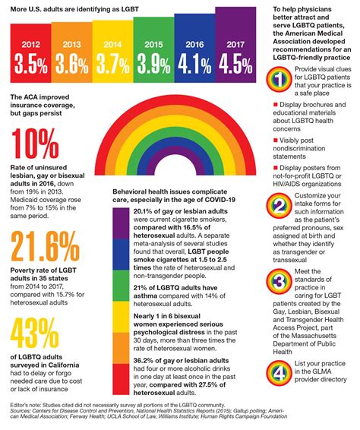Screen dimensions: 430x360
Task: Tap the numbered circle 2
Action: [x=279, y=205]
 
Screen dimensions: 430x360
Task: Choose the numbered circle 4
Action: [x=279, y=374]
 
